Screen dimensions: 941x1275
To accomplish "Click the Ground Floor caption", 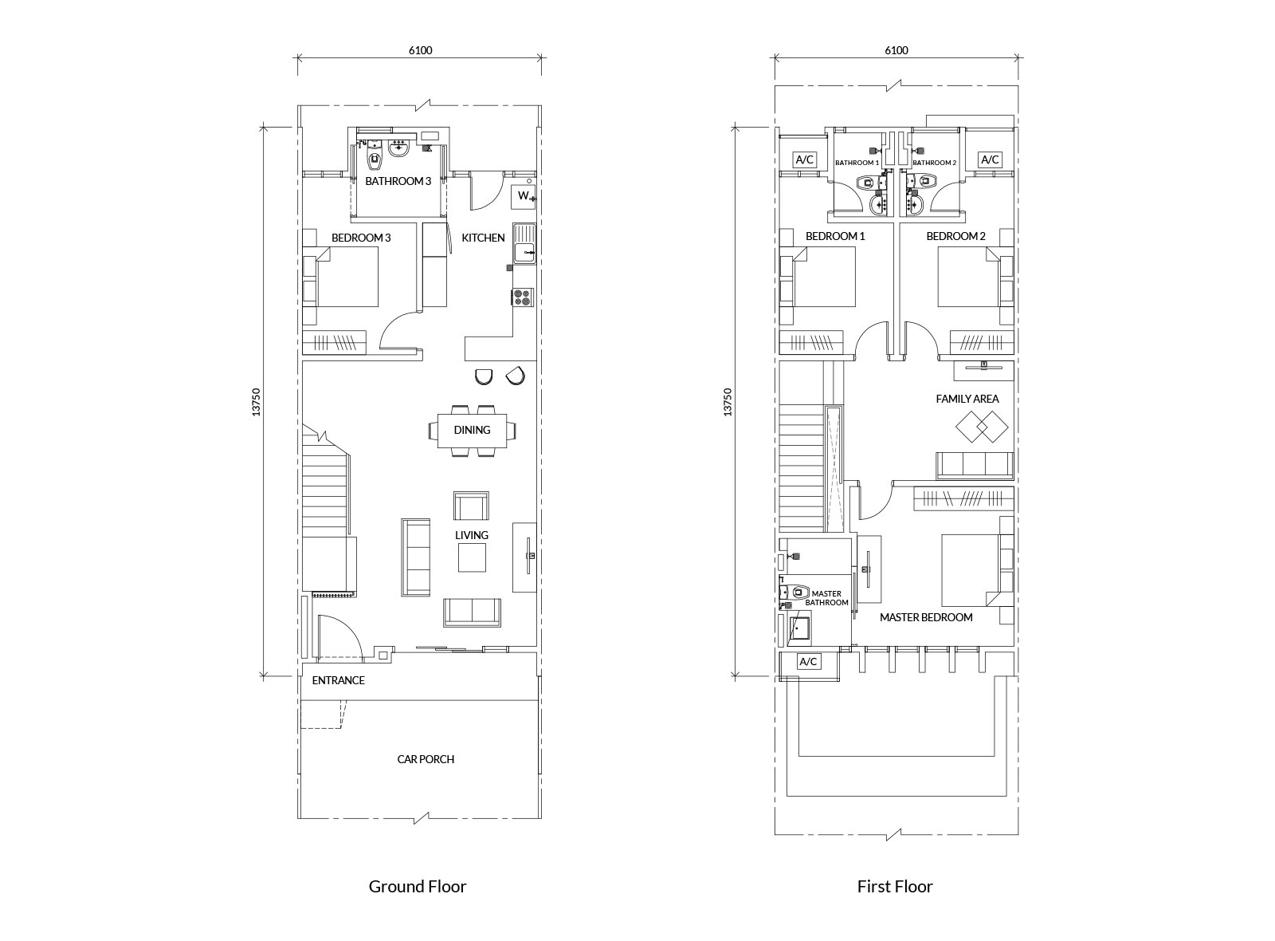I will (x=417, y=886).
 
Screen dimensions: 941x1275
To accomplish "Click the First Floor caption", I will (x=894, y=886).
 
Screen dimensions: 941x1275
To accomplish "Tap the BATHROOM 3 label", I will (x=398, y=181).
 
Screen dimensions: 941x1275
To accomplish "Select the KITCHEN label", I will (x=483, y=238).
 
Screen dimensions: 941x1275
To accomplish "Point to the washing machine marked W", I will (x=524, y=196).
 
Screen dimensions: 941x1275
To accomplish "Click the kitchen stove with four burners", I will (x=523, y=297).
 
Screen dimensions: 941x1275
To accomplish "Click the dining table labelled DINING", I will (x=472, y=431).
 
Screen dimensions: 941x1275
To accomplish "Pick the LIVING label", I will (x=472, y=535).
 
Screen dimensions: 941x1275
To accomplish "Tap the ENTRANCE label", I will (x=338, y=680).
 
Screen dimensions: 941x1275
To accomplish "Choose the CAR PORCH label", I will (x=426, y=759).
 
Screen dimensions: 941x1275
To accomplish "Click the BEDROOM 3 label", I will (x=361, y=238).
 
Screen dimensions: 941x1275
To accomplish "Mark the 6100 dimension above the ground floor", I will (x=420, y=50).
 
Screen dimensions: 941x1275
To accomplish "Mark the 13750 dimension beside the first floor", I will (x=726, y=402).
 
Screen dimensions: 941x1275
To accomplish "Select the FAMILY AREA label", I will (x=967, y=399).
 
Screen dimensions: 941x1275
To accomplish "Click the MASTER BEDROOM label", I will (x=926, y=617).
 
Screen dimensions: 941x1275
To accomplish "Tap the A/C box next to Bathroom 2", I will (x=990, y=159).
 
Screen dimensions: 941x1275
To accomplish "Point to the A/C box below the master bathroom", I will (x=808, y=662).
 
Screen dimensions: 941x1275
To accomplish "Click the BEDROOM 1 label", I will (x=834, y=236).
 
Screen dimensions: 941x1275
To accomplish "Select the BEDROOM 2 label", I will (x=955, y=236).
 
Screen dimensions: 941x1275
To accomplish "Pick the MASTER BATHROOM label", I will (x=826, y=598).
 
